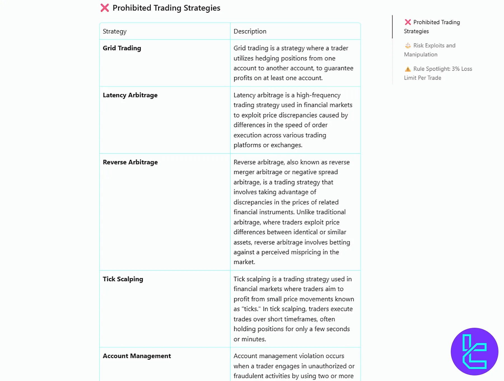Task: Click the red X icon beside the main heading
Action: click(x=105, y=8)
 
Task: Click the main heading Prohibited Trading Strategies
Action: click(x=166, y=8)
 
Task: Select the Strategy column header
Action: click(x=115, y=31)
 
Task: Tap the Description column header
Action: click(x=250, y=31)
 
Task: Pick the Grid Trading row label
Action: click(x=122, y=48)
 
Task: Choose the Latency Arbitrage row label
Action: click(x=130, y=95)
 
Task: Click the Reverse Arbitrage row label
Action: click(x=130, y=162)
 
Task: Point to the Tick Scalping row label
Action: click(x=123, y=279)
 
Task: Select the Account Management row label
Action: click(x=137, y=356)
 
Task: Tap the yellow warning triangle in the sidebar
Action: click(x=408, y=69)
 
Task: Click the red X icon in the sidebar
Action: click(x=408, y=22)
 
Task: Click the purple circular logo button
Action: click(x=474, y=351)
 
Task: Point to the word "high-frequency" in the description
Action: click(x=318, y=95)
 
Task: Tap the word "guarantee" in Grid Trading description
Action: click(x=339, y=68)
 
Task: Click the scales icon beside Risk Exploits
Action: click(x=408, y=46)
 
